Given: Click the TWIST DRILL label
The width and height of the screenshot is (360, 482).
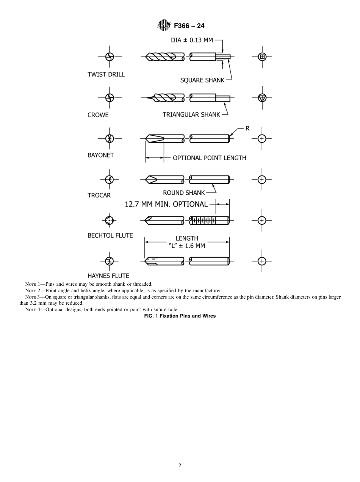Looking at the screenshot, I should pyautogui.click(x=106, y=74).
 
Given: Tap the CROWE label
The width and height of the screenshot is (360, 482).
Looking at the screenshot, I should pyautogui.click(x=98, y=115).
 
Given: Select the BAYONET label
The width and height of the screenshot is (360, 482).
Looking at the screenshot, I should pyautogui.click(x=101, y=155).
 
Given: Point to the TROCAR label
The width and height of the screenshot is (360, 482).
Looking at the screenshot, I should pyautogui.click(x=99, y=195).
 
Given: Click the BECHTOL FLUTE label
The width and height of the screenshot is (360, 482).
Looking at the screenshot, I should pyautogui.click(x=110, y=235).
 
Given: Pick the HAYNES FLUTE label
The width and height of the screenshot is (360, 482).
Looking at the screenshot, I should pyautogui.click(x=108, y=276).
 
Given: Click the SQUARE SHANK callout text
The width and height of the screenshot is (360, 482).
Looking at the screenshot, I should pyautogui.click(x=202, y=80).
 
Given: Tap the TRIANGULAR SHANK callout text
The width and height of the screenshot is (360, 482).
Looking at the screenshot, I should pyautogui.click(x=191, y=114).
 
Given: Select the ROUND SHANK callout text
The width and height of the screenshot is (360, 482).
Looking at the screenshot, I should pyautogui.click(x=184, y=192).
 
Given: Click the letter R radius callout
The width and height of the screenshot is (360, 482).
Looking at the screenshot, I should pyautogui.click(x=247, y=128).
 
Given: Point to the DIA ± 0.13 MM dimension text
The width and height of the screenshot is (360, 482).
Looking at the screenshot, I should pyautogui.click(x=192, y=40).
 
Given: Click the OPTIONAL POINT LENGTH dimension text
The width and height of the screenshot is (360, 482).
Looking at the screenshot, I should pyautogui.click(x=210, y=158).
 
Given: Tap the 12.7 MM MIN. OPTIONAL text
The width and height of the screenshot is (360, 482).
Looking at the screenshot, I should pyautogui.click(x=166, y=204).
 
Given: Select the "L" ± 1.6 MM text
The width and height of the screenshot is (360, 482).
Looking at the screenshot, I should pyautogui.click(x=187, y=246).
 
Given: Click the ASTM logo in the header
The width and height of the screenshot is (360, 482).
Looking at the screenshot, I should pyautogui.click(x=163, y=26).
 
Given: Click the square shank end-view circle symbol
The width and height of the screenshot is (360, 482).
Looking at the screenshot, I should pyautogui.click(x=262, y=57).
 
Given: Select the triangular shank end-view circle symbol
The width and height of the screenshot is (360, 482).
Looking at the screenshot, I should pyautogui.click(x=262, y=98).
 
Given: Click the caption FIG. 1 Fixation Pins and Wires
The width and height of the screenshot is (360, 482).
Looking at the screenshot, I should pyautogui.click(x=180, y=316).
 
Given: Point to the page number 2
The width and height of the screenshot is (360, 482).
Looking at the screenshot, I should pyautogui.click(x=180, y=466).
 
